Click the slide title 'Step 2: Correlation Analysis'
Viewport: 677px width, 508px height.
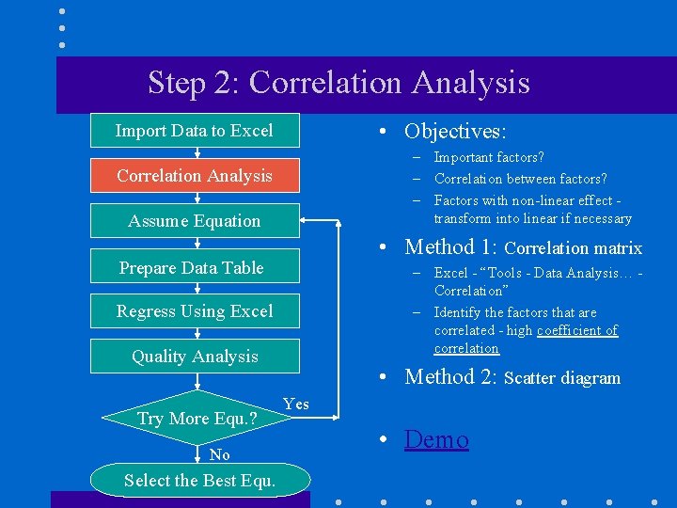pyautogui.click(x=338, y=83)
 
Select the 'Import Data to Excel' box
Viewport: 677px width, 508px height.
pyautogui.click(x=195, y=131)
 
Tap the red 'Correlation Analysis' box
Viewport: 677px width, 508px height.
pyautogui.click(x=195, y=176)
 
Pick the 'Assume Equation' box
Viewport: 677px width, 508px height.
pyautogui.click(x=195, y=221)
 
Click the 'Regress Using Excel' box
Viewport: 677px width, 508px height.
pyautogui.click(x=195, y=311)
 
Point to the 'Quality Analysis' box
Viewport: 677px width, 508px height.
pyautogui.click(x=195, y=357)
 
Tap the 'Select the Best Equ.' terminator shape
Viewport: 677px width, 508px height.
pyautogui.click(x=199, y=481)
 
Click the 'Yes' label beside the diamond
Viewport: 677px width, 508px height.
pyautogui.click(x=295, y=404)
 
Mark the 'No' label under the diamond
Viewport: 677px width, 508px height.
pyautogui.click(x=220, y=454)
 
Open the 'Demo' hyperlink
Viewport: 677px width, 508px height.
pyautogui.click(x=436, y=439)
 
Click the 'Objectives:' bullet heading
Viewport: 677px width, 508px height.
pyautogui.click(x=455, y=131)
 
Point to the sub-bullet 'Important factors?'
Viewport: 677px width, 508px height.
pyautogui.click(x=489, y=157)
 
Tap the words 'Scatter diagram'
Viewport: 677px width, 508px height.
pyautogui.click(x=562, y=378)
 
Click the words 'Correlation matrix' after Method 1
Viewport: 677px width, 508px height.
pyautogui.click(x=573, y=248)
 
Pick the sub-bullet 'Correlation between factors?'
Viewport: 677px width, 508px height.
pyautogui.click(x=520, y=179)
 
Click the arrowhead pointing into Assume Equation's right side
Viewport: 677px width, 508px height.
pyautogui.click(x=307, y=222)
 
